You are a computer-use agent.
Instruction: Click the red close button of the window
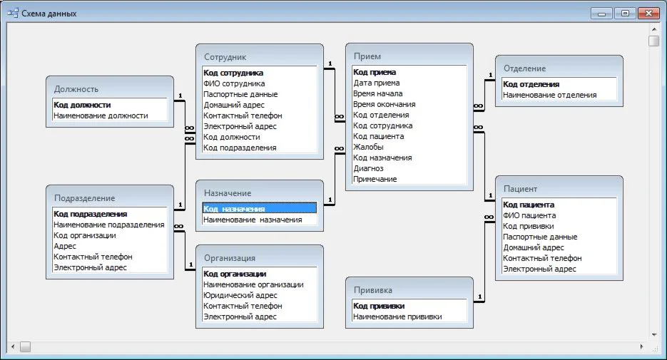(x=648, y=13)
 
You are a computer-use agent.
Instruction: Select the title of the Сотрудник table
(x=225, y=57)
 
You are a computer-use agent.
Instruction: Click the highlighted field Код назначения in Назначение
(x=234, y=209)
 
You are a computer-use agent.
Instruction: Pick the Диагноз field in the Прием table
(x=368, y=168)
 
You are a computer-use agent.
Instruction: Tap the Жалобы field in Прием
(x=368, y=147)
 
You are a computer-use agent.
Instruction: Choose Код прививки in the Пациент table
(x=529, y=226)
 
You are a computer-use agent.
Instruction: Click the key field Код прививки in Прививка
(x=379, y=306)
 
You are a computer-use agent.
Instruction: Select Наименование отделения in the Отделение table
(x=549, y=95)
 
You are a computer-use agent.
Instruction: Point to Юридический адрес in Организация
(x=240, y=295)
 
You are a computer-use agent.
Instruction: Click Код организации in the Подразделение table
(x=84, y=235)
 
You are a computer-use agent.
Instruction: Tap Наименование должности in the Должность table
(x=101, y=115)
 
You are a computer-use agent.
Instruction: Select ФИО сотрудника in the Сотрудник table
(x=234, y=83)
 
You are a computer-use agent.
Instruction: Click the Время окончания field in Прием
(x=384, y=104)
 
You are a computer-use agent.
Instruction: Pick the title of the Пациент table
(x=520, y=189)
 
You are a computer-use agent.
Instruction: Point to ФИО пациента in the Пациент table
(x=529, y=215)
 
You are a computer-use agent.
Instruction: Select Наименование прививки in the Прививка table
(x=397, y=317)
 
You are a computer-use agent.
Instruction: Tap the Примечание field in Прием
(x=375, y=179)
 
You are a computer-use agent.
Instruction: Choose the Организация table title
(x=229, y=258)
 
